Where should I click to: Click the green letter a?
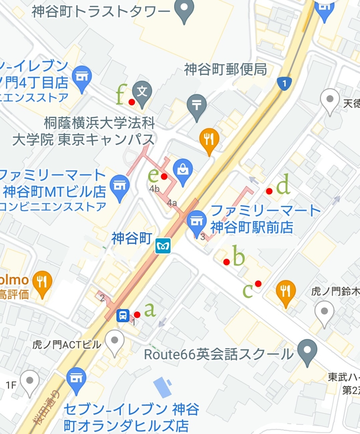(150, 310)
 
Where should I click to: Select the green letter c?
(248, 290)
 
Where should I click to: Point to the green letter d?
(283, 186)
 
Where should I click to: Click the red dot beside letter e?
(164, 176)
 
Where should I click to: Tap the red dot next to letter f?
(132, 102)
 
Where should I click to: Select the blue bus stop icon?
(123, 315)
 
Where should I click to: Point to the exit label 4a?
(172, 203)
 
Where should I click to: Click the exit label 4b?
(155, 189)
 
